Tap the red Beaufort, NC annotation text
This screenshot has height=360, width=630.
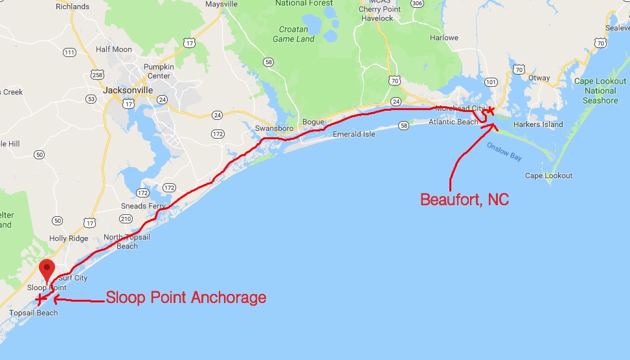[464, 199]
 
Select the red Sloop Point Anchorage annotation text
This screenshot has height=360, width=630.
[186, 298]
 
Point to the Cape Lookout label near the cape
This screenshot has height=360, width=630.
[548, 176]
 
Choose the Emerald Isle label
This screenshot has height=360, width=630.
[354, 135]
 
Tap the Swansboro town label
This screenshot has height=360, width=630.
[275, 128]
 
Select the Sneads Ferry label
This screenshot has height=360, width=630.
[142, 207]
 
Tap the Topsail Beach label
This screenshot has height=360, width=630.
[33, 313]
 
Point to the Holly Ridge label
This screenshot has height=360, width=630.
[68, 238]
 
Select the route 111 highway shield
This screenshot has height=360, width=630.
[69, 52]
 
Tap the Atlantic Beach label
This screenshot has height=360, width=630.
[453, 122]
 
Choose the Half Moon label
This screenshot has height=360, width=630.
[113, 50]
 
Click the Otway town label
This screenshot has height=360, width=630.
[539, 78]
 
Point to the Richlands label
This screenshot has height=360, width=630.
[73, 6]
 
